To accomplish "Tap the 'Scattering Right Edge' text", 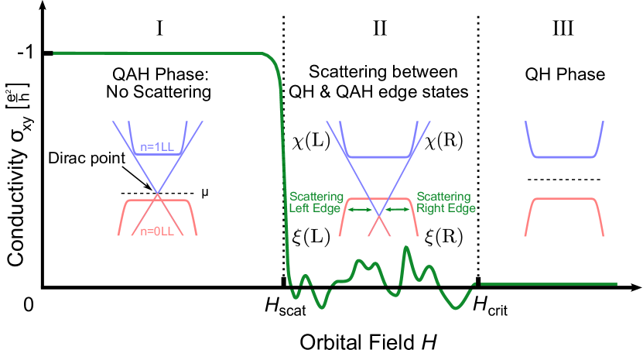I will click(x=445, y=202).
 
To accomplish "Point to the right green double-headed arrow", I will click(x=397, y=209).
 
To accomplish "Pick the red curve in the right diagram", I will click(x=566, y=199).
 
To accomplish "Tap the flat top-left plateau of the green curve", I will click(x=155, y=53).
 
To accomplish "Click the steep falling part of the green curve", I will click(x=285, y=155).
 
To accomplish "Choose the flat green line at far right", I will click(x=549, y=284).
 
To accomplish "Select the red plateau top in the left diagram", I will click(x=158, y=201).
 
